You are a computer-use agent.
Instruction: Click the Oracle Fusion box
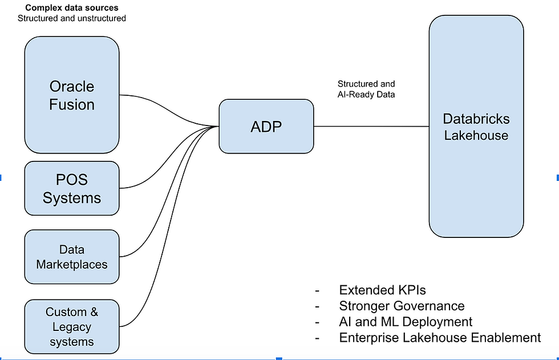click(72, 95)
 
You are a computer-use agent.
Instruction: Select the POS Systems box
click(72, 188)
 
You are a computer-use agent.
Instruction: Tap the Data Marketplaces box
click(72, 257)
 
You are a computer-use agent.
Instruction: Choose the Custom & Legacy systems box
click(72, 327)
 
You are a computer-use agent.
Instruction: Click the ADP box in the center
click(266, 126)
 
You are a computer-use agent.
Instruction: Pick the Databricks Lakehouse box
click(476, 126)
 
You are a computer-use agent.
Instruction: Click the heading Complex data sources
click(72, 8)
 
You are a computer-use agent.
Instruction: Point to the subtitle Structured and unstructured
click(72, 18)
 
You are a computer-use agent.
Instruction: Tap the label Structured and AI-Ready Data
click(366, 89)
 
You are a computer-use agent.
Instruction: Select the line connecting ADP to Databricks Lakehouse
click(371, 126)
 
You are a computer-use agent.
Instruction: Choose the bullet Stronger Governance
click(402, 306)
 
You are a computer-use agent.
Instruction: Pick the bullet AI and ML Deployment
click(406, 322)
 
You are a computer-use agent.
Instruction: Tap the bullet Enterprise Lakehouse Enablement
click(440, 338)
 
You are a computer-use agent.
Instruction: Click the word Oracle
click(72, 86)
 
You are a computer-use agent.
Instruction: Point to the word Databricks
click(476, 119)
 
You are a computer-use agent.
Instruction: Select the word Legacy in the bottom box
click(72, 327)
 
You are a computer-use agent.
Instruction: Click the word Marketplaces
click(72, 264)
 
